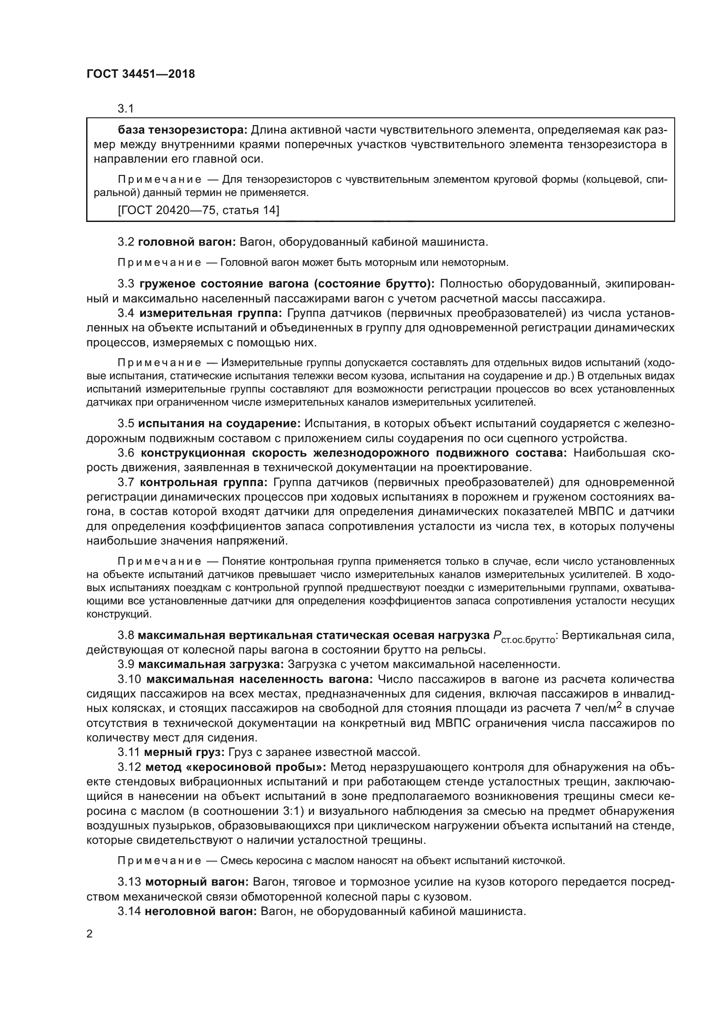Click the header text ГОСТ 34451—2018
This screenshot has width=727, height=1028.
click(141, 74)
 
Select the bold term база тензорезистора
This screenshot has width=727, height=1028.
click(182, 130)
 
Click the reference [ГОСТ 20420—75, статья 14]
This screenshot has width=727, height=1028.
click(198, 210)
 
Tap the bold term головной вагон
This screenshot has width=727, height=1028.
click(187, 242)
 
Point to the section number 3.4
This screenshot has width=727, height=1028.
click(126, 313)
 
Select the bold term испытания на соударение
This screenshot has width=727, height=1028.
click(219, 424)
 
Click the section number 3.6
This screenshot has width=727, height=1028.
click(126, 453)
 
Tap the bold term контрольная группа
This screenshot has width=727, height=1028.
click(203, 483)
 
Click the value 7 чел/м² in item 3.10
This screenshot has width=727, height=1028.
click(596, 708)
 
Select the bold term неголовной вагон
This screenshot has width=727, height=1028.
click(200, 911)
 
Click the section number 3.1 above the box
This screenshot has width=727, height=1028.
click(126, 109)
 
